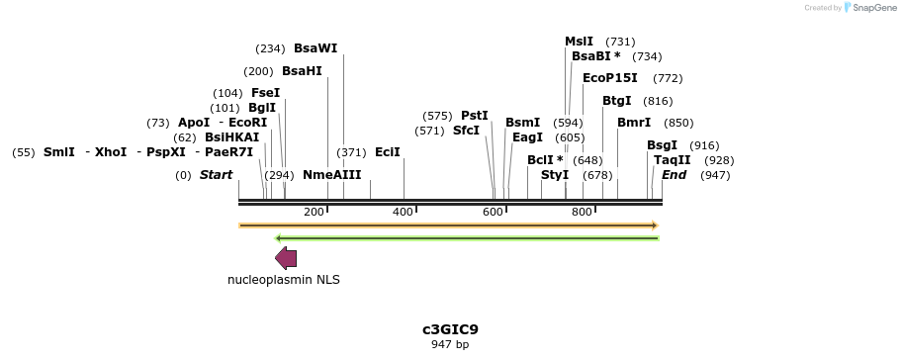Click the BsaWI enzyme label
coord(315,48)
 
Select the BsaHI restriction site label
coord(302,71)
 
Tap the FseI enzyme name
coord(265,93)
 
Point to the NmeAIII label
coord(332,175)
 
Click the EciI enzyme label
coord(388,152)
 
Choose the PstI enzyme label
coord(475,116)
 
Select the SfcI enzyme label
coord(466,131)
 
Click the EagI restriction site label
coord(527,137)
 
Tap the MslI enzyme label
coord(579,42)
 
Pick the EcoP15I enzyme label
coord(610,78)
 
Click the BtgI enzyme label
coord(617,101)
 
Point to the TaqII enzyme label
coord(673,160)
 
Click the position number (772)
coord(668,78)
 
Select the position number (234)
coord(270,48)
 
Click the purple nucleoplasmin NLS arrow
coord(286,258)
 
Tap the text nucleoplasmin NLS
coord(284,280)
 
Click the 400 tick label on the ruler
coord(403,212)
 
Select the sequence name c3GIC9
coord(450,329)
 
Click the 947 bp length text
coord(450,345)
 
